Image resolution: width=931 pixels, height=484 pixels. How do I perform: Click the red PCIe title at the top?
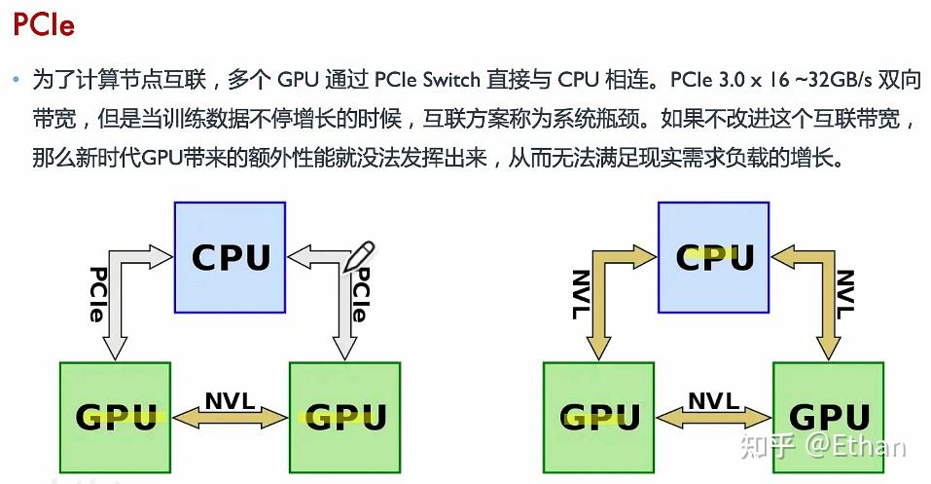point(44,25)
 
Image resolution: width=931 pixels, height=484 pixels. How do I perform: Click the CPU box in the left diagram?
point(230,257)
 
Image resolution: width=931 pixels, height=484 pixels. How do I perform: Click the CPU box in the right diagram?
point(714,257)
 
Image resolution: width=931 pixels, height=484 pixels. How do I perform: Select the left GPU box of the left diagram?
point(115,416)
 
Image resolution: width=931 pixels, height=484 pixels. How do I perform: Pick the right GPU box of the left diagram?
point(344,416)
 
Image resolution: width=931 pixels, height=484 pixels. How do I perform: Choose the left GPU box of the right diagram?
point(599,416)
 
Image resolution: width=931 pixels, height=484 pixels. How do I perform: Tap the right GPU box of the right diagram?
point(829,416)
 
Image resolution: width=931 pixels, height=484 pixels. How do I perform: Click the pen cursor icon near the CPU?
point(359,256)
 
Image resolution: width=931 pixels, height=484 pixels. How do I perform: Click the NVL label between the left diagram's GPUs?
point(230,400)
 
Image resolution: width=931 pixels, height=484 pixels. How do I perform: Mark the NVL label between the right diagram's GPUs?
point(714,400)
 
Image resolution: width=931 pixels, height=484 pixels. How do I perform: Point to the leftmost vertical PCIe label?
point(97,294)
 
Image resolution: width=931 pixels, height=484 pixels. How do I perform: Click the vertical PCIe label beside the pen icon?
point(358,297)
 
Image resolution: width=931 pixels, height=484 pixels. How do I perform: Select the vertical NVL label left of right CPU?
point(581,294)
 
